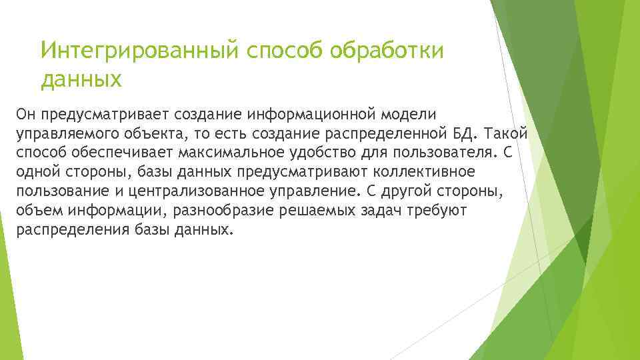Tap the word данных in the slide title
tap(81, 80)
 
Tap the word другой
tap(404, 191)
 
